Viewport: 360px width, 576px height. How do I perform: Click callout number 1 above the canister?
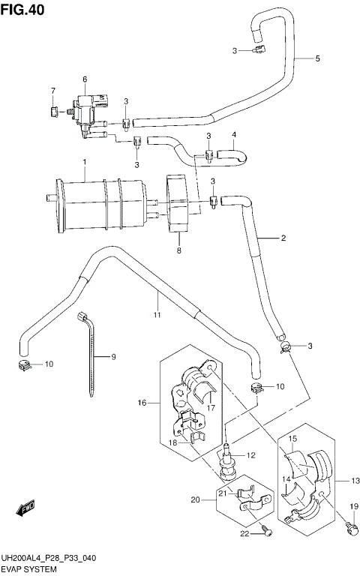[85, 163]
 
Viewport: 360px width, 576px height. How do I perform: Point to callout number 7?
[53, 91]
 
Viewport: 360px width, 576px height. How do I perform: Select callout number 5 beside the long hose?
[317, 58]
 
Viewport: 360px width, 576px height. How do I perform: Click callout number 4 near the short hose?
[233, 135]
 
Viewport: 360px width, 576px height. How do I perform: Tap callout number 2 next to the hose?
[284, 238]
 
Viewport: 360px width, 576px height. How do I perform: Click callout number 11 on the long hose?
[157, 316]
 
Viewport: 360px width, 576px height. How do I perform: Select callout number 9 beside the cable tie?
[114, 357]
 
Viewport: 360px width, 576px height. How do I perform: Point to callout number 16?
[141, 403]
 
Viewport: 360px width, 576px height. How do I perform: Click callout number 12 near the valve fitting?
[251, 454]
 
